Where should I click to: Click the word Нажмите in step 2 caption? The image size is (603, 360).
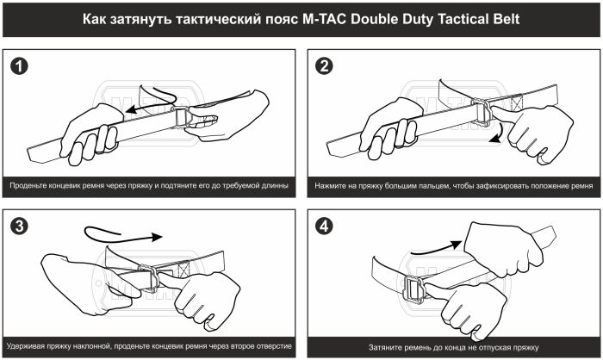tap(333, 185)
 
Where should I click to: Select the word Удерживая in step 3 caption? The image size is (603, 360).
tap(32, 346)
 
